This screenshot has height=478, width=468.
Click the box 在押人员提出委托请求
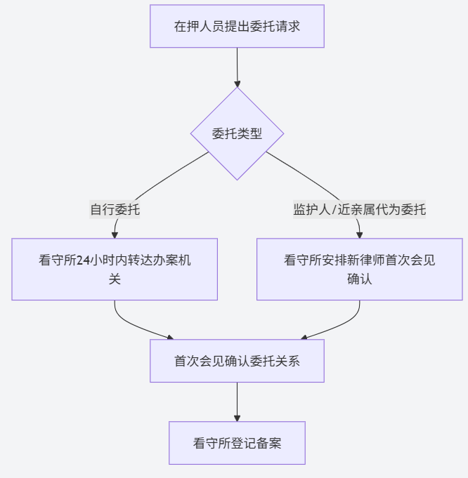pyautogui.click(x=237, y=27)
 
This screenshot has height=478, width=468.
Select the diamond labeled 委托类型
pyautogui.click(x=237, y=133)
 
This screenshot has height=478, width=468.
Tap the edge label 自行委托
pyautogui.click(x=115, y=209)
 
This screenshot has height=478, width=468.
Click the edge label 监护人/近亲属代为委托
pyautogui.click(x=359, y=209)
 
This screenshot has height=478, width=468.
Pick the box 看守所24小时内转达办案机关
pyautogui.click(x=115, y=270)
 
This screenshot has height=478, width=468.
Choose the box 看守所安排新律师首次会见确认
pyautogui.click(x=359, y=270)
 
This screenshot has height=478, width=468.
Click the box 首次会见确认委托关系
pyautogui.click(x=237, y=361)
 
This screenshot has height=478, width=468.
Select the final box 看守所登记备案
pyautogui.click(x=237, y=443)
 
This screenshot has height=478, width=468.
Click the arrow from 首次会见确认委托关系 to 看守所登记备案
pyautogui.click(x=237, y=401)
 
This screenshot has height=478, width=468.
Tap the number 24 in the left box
pyautogui.click(x=83, y=260)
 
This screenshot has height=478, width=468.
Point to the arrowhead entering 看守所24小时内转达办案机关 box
pyautogui.click(x=115, y=234)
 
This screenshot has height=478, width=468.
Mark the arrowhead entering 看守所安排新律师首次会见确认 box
pyautogui.click(x=359, y=234)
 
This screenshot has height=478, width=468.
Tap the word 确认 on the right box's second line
pyautogui.click(x=359, y=279)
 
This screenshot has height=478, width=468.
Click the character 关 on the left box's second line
pyautogui.click(x=115, y=279)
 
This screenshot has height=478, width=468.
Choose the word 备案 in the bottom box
pyautogui.click(x=269, y=443)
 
